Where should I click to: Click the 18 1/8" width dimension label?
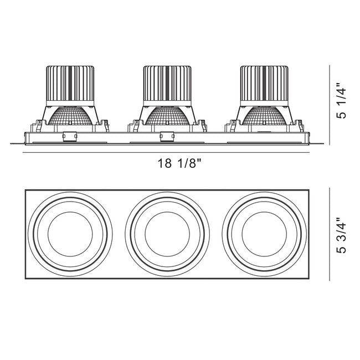[x=179, y=163]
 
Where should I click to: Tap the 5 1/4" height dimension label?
[x=341, y=104]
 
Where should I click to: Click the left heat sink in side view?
[x=70, y=86]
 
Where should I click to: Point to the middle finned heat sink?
[x=167, y=86]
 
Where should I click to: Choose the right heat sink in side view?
[x=264, y=86]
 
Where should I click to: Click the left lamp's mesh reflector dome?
[x=70, y=116]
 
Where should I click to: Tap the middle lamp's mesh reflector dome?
[x=167, y=116]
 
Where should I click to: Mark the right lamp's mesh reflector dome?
[x=264, y=116]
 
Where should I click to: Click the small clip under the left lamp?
[x=70, y=136]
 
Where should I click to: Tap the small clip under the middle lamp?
[x=167, y=136]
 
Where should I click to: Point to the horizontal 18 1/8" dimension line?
[x=166, y=152]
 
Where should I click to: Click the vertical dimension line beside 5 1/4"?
[x=330, y=105]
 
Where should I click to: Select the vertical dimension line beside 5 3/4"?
[x=330, y=234]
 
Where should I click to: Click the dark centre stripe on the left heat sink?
[x=70, y=83]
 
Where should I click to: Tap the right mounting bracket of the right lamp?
[x=298, y=126]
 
